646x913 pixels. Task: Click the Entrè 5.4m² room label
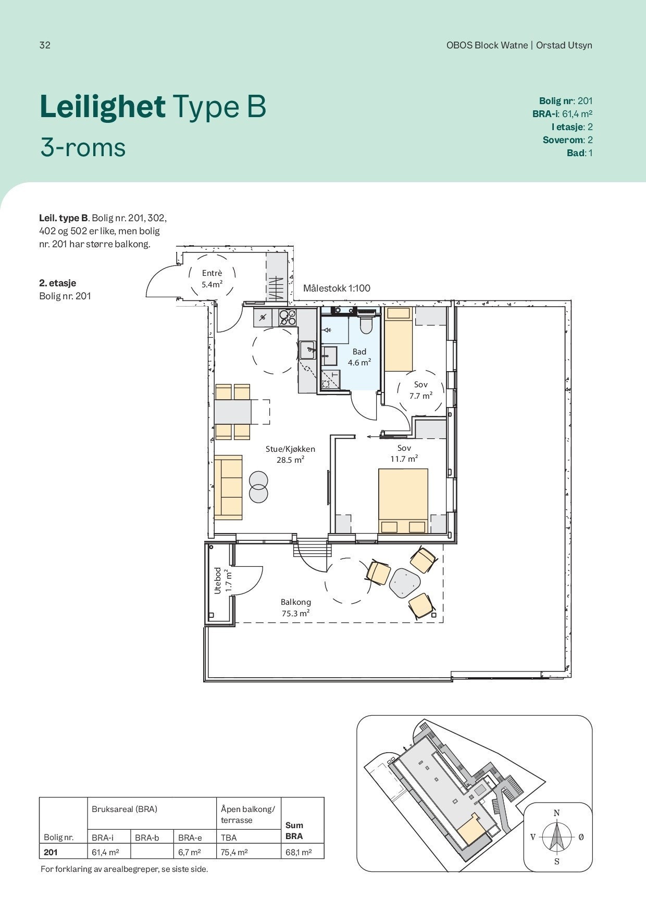(212, 278)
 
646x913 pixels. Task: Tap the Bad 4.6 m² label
(359, 357)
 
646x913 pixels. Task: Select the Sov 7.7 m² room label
(421, 390)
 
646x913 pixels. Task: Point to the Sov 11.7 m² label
(404, 453)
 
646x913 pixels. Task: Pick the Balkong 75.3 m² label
(296, 607)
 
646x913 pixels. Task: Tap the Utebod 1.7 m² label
(222, 580)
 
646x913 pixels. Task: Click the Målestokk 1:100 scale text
(337, 288)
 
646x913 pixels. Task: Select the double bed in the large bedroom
(403, 501)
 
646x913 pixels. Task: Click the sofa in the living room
(229, 487)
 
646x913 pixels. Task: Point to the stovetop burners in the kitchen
(288, 318)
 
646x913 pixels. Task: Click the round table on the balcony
(404, 582)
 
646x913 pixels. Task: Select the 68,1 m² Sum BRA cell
(299, 852)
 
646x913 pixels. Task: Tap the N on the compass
(556, 813)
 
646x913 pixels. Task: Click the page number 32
(45, 45)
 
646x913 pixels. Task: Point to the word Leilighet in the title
(103, 106)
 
